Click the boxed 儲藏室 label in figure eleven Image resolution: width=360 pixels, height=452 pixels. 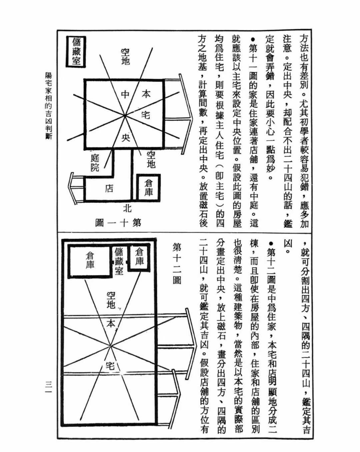(x=76, y=51)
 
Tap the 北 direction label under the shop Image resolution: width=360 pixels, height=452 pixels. (x=127, y=209)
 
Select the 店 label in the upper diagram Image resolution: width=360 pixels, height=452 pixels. (x=109, y=189)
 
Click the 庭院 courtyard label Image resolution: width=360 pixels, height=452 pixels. (x=95, y=163)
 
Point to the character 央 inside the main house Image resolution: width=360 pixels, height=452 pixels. (x=126, y=137)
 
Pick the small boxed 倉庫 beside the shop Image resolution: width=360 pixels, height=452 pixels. (x=149, y=187)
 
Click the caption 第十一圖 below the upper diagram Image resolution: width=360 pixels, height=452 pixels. (x=118, y=223)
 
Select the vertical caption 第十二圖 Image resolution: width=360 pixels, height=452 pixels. (x=177, y=263)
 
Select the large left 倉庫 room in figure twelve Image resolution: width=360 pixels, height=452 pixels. (x=90, y=260)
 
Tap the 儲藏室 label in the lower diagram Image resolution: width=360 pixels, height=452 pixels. (x=119, y=261)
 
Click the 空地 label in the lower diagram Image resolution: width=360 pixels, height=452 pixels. (x=111, y=300)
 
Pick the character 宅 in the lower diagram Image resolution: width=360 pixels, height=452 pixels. (x=110, y=366)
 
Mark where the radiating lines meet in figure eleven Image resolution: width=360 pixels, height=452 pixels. (x=125, y=116)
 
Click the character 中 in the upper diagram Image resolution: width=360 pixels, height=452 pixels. (x=125, y=94)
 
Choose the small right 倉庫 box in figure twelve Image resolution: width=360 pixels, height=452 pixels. (x=139, y=257)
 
